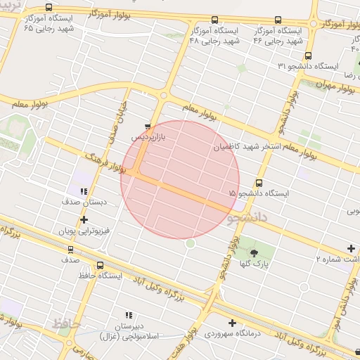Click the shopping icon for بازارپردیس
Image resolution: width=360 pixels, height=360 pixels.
tap(147, 127)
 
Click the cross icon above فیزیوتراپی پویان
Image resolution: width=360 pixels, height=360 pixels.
tap(85, 220)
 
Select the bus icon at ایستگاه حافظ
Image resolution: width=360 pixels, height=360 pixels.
tap(100, 266)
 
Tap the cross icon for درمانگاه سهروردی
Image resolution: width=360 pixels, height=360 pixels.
tap(232, 323)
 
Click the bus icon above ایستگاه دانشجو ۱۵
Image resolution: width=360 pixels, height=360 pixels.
tap(259, 183)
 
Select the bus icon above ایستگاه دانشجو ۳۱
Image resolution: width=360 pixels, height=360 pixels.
tap(308, 56)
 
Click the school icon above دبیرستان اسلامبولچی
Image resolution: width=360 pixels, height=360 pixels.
tap(129, 316)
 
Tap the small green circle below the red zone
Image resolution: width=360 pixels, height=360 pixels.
tap(190, 243)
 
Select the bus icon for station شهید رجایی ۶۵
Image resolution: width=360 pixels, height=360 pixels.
tap(49, 8)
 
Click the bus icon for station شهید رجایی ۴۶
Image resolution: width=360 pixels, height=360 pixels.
tap(278, 20)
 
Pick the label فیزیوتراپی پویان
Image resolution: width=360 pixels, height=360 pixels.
tap(76, 231)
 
